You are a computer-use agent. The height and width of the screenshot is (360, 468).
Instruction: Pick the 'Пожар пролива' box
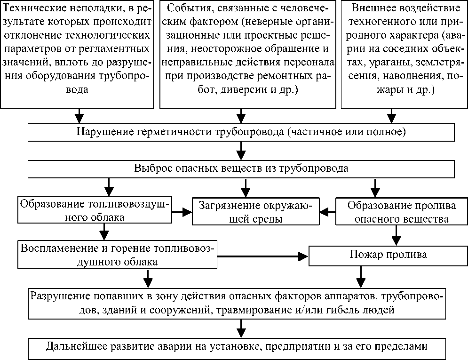(388, 255)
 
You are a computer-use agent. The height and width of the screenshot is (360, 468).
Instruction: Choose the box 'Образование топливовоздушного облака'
(94, 210)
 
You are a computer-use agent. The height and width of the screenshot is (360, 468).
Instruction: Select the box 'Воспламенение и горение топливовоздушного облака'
(117, 254)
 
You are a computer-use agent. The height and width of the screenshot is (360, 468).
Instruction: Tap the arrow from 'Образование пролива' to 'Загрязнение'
(327, 212)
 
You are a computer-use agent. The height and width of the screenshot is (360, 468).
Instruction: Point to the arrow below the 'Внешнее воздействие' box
(391, 115)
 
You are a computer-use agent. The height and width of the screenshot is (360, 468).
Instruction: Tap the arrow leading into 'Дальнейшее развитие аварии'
(241, 327)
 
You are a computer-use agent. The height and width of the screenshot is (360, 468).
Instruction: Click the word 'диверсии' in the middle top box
(239, 89)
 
